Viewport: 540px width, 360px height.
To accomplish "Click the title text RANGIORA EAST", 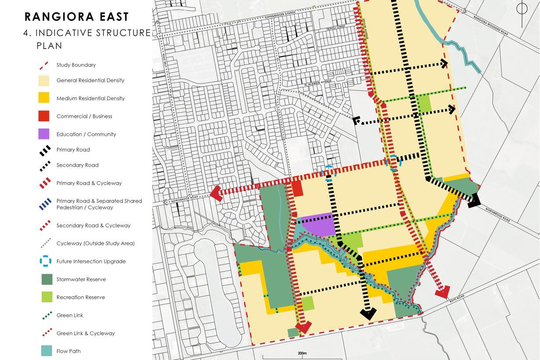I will coord(77,17).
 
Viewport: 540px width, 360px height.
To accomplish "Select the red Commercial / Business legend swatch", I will coord(44,116).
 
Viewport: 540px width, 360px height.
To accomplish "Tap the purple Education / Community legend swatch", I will coord(44,134).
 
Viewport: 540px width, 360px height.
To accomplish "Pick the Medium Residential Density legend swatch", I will coord(44,98).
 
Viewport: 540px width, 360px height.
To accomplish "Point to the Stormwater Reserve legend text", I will coord(81,279).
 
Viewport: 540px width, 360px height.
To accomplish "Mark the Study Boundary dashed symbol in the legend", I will coord(44,65).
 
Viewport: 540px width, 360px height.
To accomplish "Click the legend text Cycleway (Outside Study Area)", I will coord(95,243).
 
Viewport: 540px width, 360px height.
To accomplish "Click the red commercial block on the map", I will coord(298,189).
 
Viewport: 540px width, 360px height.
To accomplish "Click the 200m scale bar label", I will coord(302,353).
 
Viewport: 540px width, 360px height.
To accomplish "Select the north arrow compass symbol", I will coord(522,10).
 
